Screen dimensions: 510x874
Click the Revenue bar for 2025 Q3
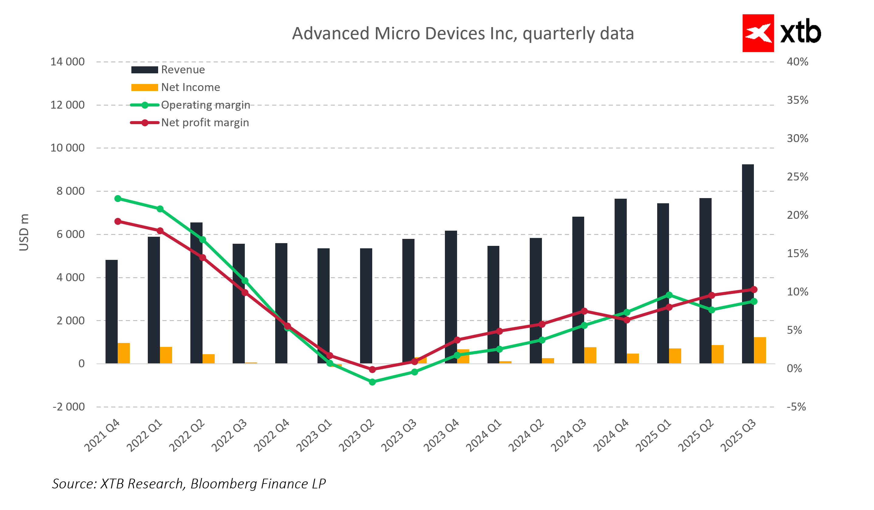(748, 264)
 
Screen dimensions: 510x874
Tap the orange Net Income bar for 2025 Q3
(760, 351)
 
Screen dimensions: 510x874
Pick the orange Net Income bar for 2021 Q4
(124, 353)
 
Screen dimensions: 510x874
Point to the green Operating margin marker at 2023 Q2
(372, 382)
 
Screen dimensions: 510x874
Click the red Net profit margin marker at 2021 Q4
(118, 221)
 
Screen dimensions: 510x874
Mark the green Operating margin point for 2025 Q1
(669, 295)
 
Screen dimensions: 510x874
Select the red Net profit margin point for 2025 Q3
(754, 290)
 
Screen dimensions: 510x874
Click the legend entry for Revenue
(168, 70)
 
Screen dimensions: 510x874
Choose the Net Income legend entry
(175, 87)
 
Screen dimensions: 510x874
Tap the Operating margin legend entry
(190, 105)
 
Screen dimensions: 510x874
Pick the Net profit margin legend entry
(190, 123)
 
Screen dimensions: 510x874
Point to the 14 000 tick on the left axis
(68, 62)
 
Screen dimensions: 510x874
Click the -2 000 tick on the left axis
(69, 407)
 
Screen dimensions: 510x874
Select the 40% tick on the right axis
(797, 62)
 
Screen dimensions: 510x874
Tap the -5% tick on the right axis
(796, 407)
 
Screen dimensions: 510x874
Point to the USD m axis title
(24, 232)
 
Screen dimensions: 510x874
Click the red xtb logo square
(758, 33)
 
